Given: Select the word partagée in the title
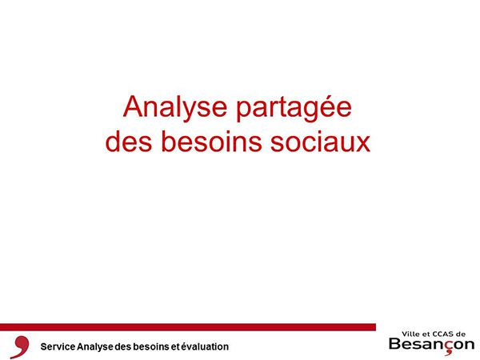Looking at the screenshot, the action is tap(294, 108).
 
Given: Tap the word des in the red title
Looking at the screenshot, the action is tap(129, 142).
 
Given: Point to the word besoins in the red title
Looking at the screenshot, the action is tap(211, 142).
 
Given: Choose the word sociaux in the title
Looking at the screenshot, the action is tap(321, 142).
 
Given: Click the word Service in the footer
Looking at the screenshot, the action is tap(58, 346).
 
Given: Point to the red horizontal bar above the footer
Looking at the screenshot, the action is tap(188, 327).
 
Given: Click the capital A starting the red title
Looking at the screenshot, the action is tap(133, 106).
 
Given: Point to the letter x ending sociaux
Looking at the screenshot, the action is tap(362, 144).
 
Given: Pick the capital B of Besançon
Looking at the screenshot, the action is tap(395, 343).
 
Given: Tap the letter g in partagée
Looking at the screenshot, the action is tap(299, 112).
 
